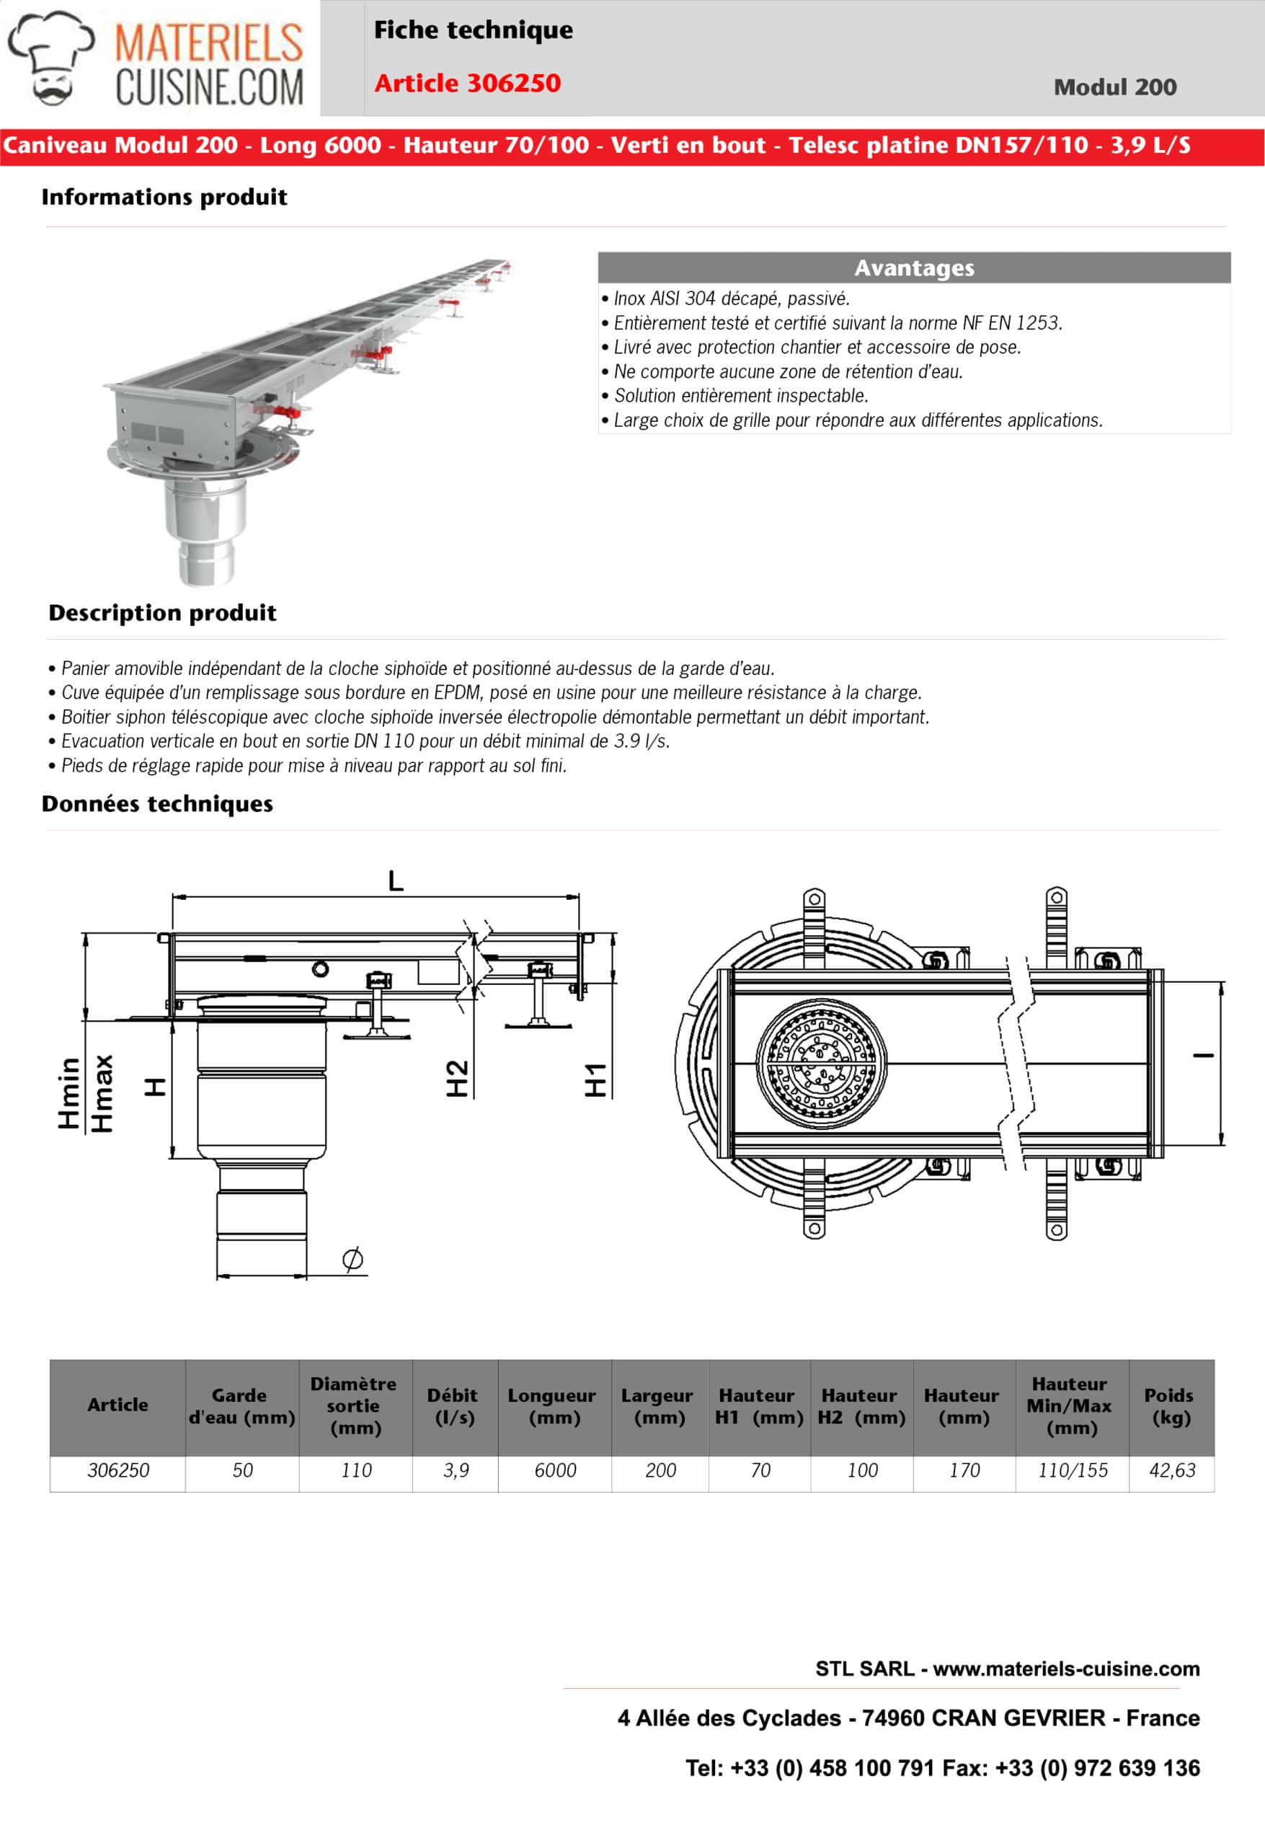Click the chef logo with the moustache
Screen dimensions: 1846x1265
50,58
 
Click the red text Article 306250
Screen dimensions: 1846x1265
467,83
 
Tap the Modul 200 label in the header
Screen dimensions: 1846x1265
1114,87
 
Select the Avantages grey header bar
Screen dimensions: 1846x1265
913,268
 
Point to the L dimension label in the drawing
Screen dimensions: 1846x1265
396,880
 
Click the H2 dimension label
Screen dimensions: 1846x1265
458,1078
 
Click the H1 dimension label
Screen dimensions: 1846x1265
595,1079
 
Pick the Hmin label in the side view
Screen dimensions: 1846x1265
70,1092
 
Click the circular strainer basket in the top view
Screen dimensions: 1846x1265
821,1064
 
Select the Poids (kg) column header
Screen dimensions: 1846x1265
1171,1406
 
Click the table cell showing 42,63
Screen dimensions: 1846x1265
1171,1470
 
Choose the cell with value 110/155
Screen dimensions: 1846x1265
1072,1470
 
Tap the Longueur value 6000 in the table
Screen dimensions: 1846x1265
554,1470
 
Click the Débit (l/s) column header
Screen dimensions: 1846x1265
453,1406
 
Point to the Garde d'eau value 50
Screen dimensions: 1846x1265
242,1470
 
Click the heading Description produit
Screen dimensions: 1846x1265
162,612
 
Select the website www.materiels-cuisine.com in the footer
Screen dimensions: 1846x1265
1065,1668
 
